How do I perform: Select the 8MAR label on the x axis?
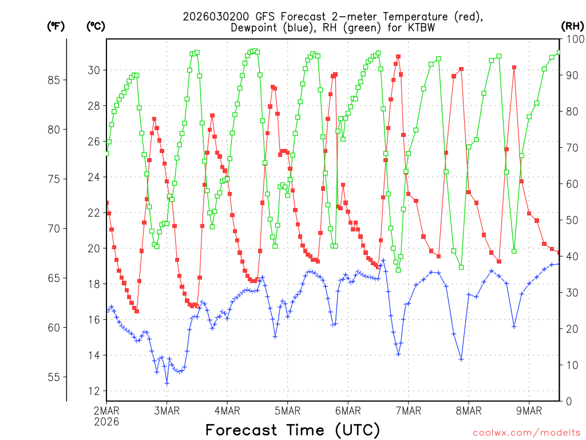coord(468,410)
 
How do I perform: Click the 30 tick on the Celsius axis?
coord(93,70)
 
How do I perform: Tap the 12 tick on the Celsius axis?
coord(93,391)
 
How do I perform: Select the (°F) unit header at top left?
coord(56,26)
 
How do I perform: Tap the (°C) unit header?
coord(95,26)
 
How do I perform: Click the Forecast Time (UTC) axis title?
coord(292,430)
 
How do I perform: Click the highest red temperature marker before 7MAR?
coord(398,57)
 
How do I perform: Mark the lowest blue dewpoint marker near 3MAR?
coord(167,383)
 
